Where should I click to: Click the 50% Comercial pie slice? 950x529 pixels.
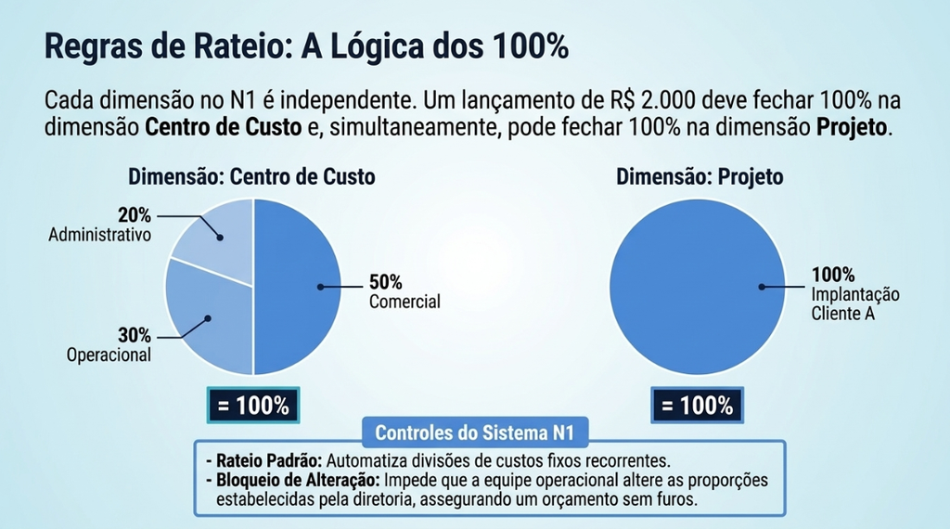click(297, 287)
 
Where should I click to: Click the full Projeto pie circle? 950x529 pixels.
click(698, 287)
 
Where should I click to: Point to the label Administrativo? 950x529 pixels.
click(100, 235)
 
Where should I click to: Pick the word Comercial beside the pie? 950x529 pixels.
click(404, 302)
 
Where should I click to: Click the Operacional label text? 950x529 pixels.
click(109, 355)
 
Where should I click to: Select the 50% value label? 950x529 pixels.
click(385, 282)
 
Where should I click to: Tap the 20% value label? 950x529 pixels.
click(135, 215)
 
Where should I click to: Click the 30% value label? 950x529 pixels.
click(135, 334)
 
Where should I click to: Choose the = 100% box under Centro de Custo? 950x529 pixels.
click(253, 405)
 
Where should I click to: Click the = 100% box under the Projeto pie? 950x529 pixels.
click(698, 405)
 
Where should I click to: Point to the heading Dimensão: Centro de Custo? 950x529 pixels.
click(251, 177)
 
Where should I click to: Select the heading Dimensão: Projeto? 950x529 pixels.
click(700, 177)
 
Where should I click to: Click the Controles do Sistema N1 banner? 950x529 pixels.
click(474, 432)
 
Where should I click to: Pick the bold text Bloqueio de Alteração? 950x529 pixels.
click(298, 480)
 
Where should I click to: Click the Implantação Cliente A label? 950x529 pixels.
click(855, 304)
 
